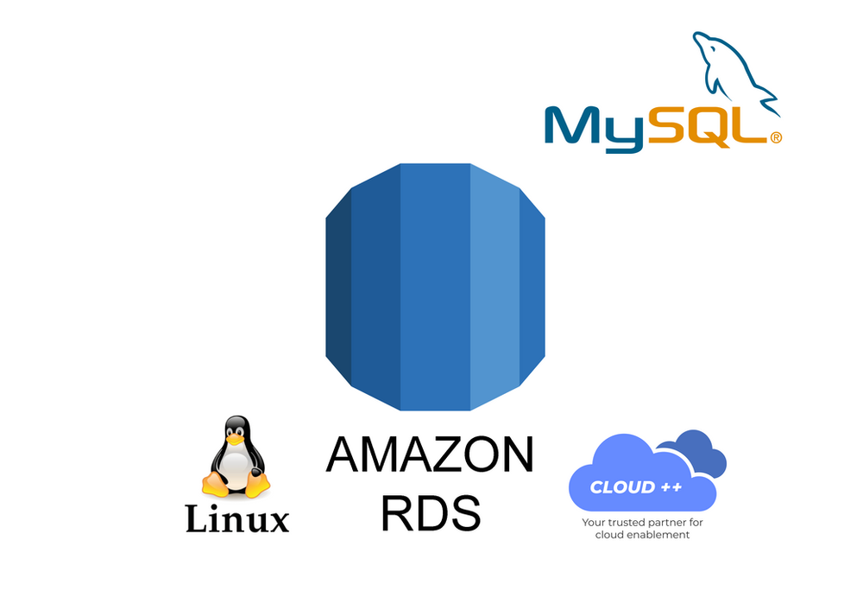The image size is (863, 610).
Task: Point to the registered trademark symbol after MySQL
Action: coord(775,137)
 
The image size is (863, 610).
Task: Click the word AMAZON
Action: coord(429,456)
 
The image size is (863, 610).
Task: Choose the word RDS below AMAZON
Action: coord(429,512)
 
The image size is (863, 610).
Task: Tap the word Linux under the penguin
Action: coord(237,519)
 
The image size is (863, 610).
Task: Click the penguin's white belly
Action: coord(235,467)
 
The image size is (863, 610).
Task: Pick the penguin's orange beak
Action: coord(235,439)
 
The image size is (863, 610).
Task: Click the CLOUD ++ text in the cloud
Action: coord(635,487)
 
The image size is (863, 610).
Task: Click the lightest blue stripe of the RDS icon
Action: coord(494,285)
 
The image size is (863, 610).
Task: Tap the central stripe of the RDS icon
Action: coord(435,285)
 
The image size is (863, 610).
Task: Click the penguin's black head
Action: coord(236,427)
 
